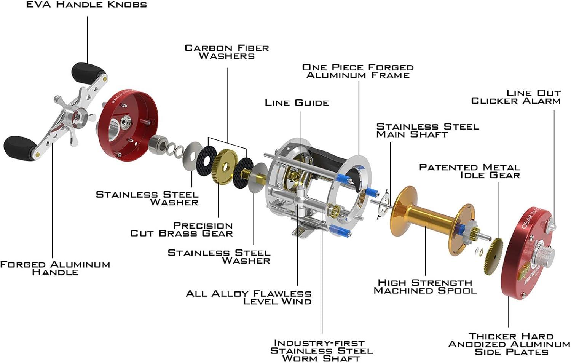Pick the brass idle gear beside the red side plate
[493, 256]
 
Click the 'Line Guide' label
[297, 103]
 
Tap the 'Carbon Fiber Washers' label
[226, 52]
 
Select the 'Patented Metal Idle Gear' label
[469, 171]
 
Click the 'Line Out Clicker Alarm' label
[516, 97]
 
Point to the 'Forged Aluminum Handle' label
[55, 268]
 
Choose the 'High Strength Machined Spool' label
[425, 286]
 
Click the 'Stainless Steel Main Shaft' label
[428, 130]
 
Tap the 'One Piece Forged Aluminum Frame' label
[358, 71]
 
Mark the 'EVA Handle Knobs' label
[86, 4]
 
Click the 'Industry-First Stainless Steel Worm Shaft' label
[321, 350]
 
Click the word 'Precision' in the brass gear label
[203, 225]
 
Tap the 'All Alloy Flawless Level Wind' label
[249, 297]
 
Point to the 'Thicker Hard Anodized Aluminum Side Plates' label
[509, 344]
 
